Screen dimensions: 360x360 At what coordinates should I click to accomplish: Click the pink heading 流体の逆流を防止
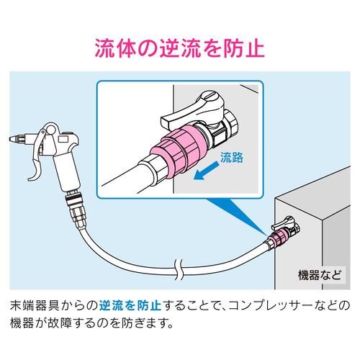180,48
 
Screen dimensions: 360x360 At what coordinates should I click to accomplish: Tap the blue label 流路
232,158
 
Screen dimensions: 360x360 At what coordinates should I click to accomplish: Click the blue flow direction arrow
206,171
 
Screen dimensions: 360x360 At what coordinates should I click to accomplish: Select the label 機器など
320,275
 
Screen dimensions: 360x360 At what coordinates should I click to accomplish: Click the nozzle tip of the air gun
13,139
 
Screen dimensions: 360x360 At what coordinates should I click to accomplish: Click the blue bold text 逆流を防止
130,305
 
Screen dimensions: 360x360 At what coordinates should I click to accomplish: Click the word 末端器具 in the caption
35,305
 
